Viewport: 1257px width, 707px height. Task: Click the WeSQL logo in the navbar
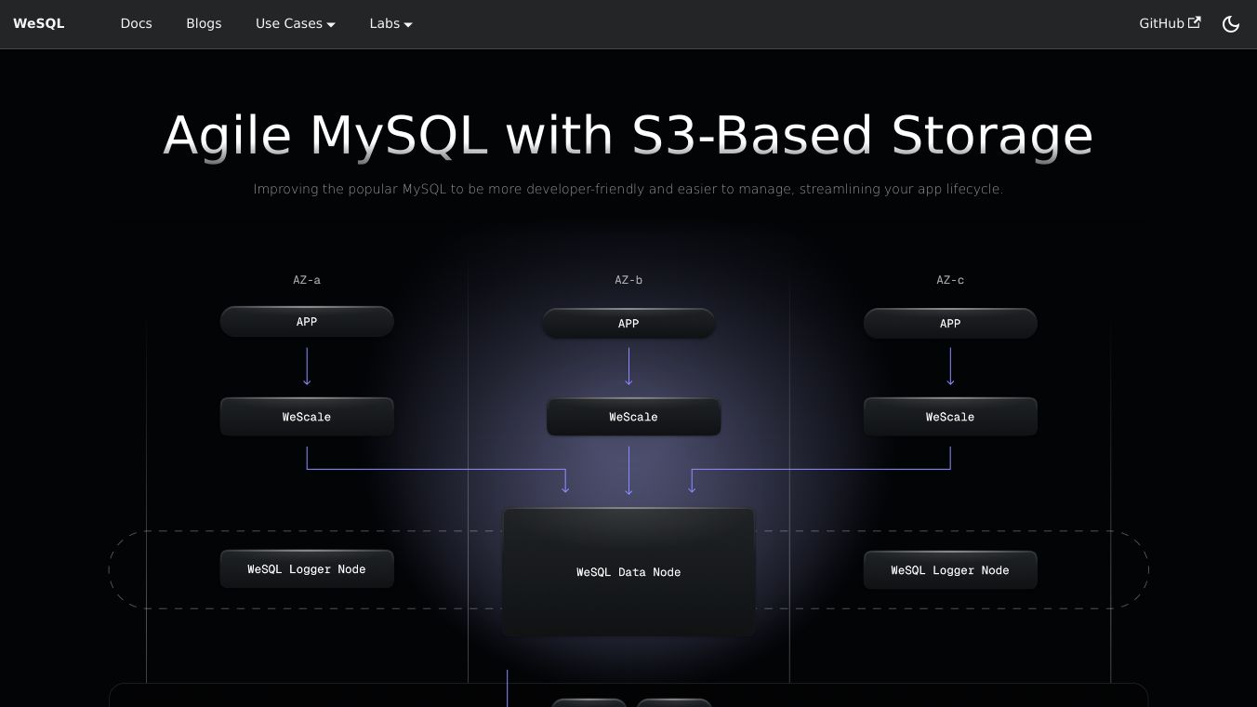(39, 23)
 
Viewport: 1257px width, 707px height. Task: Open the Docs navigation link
(136, 23)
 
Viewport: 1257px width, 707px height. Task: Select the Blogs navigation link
(204, 23)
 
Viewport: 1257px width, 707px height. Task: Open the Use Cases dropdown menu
(295, 23)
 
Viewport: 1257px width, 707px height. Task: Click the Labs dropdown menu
(390, 23)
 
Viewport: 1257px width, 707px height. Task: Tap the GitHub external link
(1169, 23)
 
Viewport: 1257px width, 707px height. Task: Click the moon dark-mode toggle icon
(1231, 24)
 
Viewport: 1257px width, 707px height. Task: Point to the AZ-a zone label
(307, 280)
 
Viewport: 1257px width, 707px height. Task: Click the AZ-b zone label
(628, 280)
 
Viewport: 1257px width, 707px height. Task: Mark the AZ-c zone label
(950, 280)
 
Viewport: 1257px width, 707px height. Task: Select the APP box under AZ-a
(307, 322)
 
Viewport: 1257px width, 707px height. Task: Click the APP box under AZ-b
(628, 324)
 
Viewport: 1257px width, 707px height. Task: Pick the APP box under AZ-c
(950, 324)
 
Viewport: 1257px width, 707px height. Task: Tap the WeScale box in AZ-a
(307, 417)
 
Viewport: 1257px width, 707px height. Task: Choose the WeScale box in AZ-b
(633, 417)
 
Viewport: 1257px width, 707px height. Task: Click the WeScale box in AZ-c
(950, 417)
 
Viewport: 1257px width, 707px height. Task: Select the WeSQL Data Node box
(628, 572)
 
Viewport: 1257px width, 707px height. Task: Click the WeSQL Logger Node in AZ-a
(307, 569)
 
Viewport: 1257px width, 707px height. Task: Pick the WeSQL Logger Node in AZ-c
(950, 570)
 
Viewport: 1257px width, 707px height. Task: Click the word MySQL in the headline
(398, 136)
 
